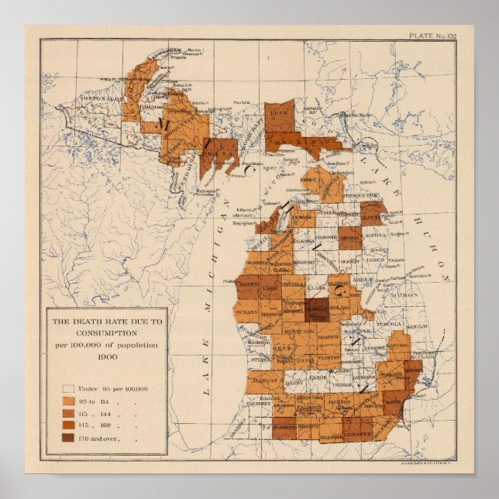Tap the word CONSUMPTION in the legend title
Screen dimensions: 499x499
[106, 332]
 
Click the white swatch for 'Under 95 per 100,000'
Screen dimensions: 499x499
[68, 389]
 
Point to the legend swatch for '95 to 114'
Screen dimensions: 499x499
[68, 401]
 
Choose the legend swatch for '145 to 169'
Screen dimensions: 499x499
[68, 427]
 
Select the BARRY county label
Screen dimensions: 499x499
[294, 383]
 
